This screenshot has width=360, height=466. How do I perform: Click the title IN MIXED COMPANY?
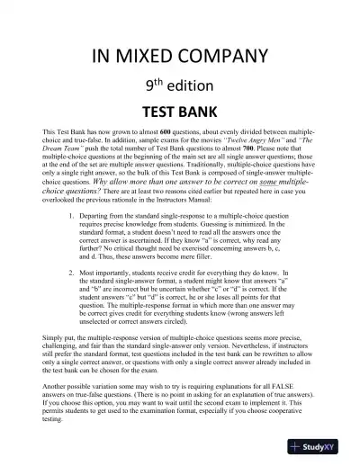click(x=179, y=59)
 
